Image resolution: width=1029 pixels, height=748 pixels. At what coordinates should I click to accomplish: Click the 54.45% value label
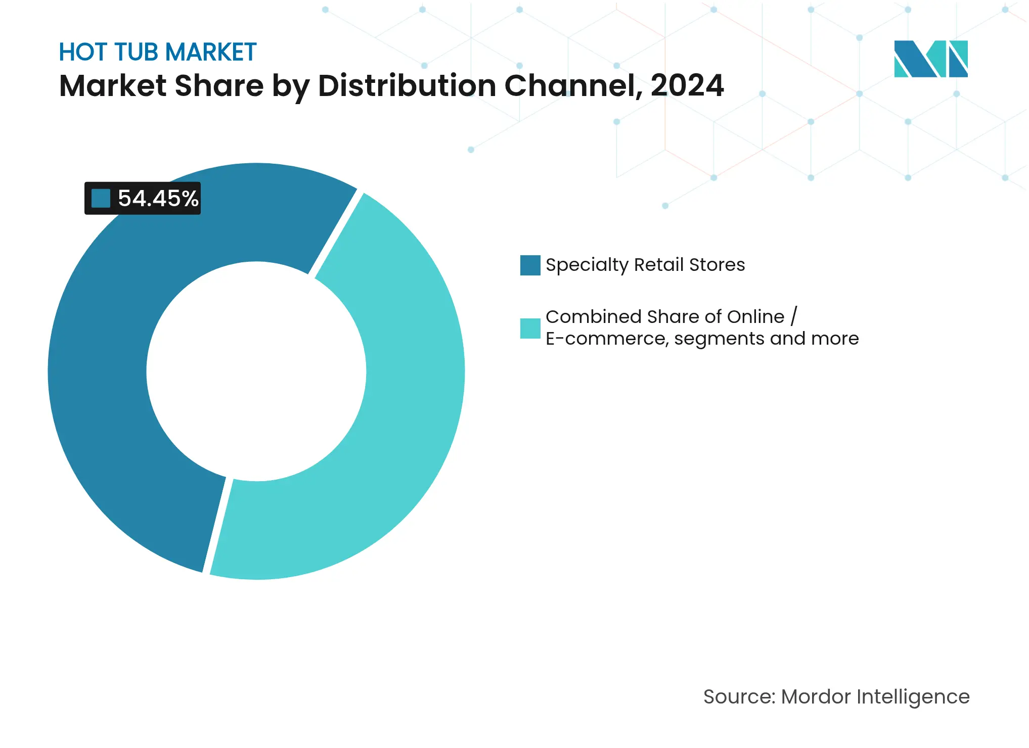tap(157, 198)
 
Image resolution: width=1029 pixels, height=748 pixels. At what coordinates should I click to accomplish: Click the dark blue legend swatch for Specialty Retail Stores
tap(530, 265)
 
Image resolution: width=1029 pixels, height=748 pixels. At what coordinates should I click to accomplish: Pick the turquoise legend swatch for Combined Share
tap(530, 328)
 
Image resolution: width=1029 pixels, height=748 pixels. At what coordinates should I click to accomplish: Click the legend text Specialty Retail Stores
tap(645, 265)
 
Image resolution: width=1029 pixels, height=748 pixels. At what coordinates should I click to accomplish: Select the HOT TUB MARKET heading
tap(157, 52)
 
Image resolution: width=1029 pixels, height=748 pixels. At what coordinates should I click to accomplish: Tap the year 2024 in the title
tap(687, 85)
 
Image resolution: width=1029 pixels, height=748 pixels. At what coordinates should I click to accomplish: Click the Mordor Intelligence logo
tap(930, 59)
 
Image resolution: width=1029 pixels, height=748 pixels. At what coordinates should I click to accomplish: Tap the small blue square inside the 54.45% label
tap(101, 198)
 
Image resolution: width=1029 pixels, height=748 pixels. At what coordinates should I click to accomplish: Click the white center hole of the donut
tap(256, 371)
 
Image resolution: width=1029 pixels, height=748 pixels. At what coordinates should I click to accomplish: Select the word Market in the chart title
tap(113, 85)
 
